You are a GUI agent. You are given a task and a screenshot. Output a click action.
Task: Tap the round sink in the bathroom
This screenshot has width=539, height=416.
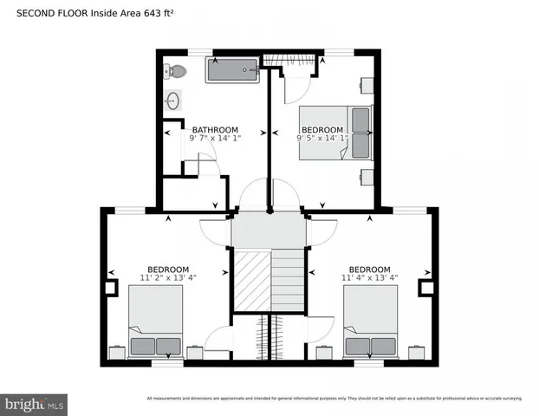pyautogui.click(x=172, y=100)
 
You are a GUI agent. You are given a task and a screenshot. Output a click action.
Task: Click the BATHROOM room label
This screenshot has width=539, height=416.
pyautogui.click(x=215, y=130)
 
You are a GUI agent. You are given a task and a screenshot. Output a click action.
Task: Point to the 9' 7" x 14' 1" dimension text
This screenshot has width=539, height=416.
pyautogui.click(x=215, y=138)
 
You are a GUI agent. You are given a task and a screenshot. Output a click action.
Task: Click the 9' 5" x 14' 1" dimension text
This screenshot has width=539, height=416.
pyautogui.click(x=321, y=138)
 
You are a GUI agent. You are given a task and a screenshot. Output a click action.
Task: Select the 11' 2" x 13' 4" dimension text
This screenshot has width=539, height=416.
pyautogui.click(x=167, y=278)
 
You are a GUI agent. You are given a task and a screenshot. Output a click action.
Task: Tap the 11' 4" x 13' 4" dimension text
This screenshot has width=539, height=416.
pyautogui.click(x=369, y=278)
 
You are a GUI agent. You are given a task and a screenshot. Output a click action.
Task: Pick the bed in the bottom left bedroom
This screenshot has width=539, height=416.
pyautogui.click(x=156, y=322)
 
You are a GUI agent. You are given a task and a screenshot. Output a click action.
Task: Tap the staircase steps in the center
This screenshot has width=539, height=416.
pyautogui.click(x=289, y=280)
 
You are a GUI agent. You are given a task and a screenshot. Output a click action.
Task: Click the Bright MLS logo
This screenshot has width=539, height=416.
pyautogui.click(x=35, y=404)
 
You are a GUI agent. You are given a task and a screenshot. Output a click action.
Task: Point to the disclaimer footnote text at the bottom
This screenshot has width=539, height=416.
pyautogui.click(x=334, y=399)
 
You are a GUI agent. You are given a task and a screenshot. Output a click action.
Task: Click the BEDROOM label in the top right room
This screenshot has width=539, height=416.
pyautogui.click(x=321, y=130)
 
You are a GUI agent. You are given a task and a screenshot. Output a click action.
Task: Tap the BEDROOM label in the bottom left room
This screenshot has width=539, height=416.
pyautogui.click(x=167, y=270)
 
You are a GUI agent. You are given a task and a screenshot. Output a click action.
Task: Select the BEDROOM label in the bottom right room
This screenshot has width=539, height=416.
pyautogui.click(x=369, y=270)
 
